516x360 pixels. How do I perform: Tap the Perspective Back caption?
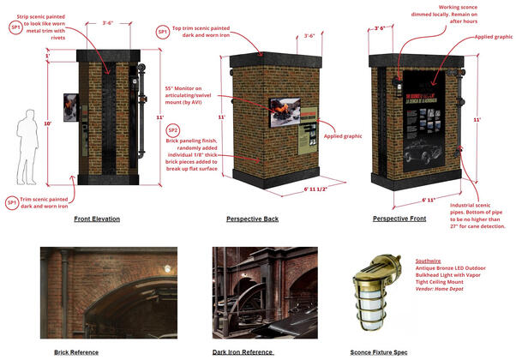coord(252,219)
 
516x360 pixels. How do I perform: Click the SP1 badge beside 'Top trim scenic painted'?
coord(162,32)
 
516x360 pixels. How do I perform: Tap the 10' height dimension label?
coord(48,123)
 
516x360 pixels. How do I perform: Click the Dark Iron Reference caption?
coord(243,352)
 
